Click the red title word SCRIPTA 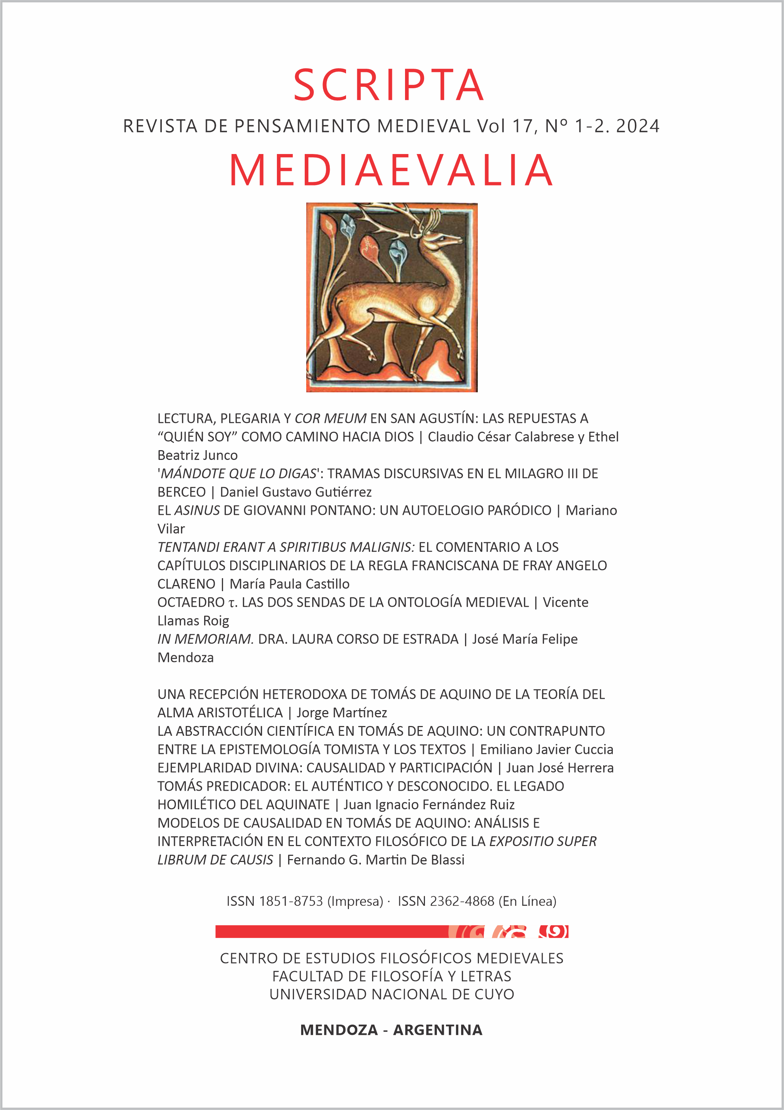click(389, 86)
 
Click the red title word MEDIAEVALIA click(391, 170)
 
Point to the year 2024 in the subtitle click(637, 127)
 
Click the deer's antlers click(397, 218)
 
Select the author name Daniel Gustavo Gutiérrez click(296, 492)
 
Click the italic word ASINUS click(197, 511)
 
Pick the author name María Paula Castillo click(290, 584)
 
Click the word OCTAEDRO click(191, 602)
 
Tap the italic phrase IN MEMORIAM click(205, 639)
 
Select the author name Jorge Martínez click(342, 713)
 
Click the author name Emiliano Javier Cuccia click(547, 750)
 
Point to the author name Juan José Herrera click(560, 768)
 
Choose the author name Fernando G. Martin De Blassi click(376, 859)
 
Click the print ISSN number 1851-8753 click(291, 901)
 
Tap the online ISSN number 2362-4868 click(462, 901)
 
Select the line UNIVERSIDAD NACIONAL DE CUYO click(392, 994)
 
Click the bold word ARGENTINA click(438, 1030)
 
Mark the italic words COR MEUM click(330, 419)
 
